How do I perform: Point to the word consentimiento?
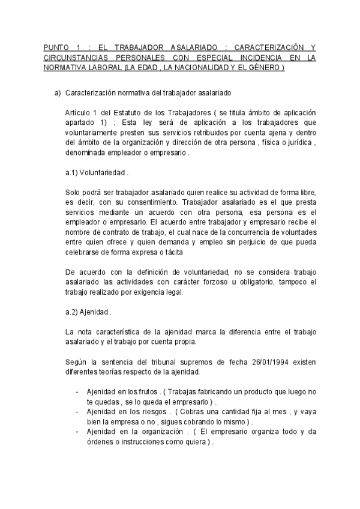click(x=151, y=202)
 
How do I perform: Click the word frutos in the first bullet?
click(x=144, y=391)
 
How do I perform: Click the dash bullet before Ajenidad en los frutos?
click(x=78, y=391)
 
